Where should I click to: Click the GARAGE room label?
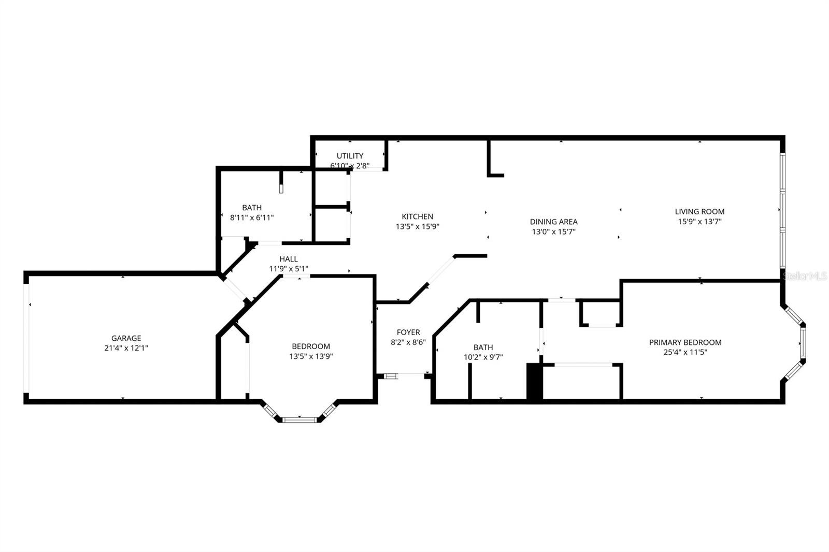[126, 338]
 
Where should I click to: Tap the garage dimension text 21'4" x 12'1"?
[126, 348]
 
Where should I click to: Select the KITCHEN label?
[417, 216]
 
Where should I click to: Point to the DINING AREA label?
[553, 222]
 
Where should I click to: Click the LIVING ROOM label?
[699, 211]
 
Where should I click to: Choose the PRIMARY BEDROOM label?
[685, 342]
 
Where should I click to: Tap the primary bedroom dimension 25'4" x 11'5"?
[685, 352]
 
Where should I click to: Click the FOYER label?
[408, 332]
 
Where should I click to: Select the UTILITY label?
[350, 156]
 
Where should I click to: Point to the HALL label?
[289, 259]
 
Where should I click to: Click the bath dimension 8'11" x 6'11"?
[252, 218]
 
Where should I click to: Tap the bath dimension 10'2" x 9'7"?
[483, 357]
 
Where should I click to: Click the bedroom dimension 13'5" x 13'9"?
[311, 356]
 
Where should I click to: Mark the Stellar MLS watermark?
[805, 277]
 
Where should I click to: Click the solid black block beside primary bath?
[534, 382]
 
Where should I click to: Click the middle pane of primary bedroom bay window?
[802, 343]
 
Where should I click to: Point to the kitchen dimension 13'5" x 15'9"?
[417, 226]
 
